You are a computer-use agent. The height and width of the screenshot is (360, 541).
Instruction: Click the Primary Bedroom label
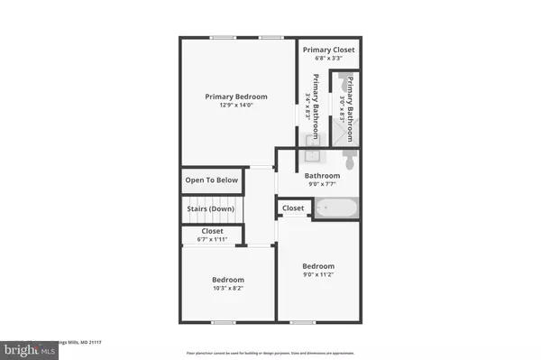[239, 97]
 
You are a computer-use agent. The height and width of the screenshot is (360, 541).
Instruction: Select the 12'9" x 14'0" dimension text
[239, 106]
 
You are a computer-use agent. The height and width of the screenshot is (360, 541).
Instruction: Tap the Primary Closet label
[329, 50]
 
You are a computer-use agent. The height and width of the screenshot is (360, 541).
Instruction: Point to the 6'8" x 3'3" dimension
[329, 60]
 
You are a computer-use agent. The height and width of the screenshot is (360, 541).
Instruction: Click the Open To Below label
[212, 180]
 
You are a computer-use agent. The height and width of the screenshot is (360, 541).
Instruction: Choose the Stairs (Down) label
[212, 208]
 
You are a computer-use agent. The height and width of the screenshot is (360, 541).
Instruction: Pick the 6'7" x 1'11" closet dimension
[212, 239]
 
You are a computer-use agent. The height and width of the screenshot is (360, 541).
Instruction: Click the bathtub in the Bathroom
[336, 208]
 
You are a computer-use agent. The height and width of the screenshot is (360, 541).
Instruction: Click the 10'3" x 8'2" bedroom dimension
[228, 290]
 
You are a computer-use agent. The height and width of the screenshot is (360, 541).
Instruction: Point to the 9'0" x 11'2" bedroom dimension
[318, 276]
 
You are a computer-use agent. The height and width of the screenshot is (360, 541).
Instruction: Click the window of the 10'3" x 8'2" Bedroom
[222, 321]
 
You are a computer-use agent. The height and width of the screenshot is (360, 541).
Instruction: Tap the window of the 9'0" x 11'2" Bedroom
[303, 321]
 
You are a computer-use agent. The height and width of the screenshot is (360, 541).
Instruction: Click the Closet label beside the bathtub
[293, 208]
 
